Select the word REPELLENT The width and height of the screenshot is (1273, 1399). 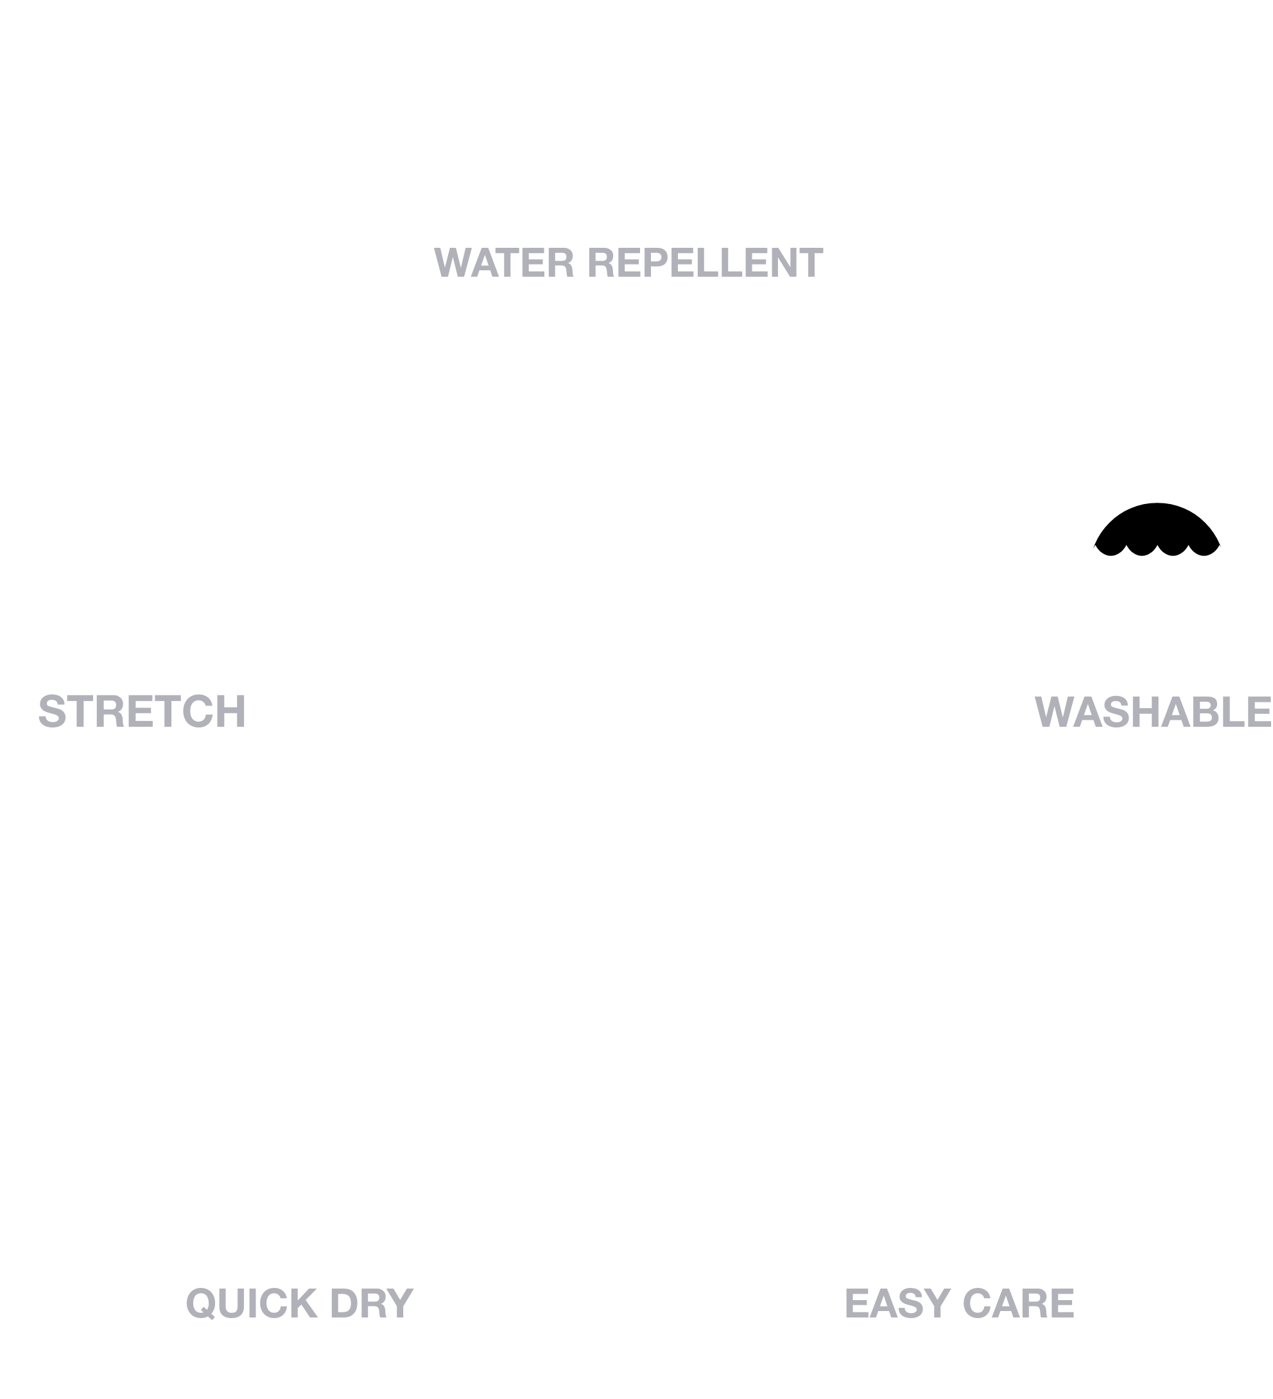pyautogui.click(x=705, y=263)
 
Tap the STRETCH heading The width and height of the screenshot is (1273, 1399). pyautogui.click(x=143, y=711)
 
